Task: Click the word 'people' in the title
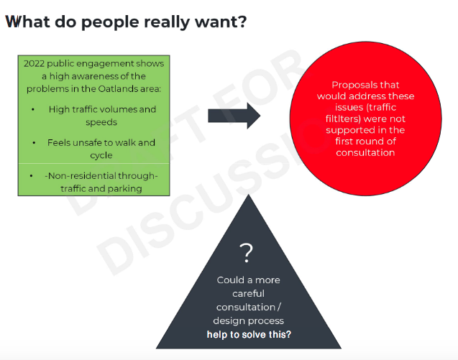click(x=110, y=22)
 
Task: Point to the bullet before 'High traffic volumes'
click(x=33, y=109)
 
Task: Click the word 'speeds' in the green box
click(x=101, y=122)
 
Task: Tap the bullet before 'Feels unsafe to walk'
click(x=34, y=143)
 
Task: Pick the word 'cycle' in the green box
click(x=101, y=155)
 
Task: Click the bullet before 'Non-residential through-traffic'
click(x=31, y=176)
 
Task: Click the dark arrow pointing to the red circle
click(x=234, y=116)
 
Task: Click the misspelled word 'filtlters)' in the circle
click(x=342, y=119)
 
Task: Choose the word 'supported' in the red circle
click(x=346, y=130)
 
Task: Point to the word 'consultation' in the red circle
click(x=365, y=152)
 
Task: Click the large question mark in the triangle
click(x=246, y=253)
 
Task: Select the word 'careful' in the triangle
click(x=248, y=293)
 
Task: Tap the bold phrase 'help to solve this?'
click(x=249, y=334)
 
